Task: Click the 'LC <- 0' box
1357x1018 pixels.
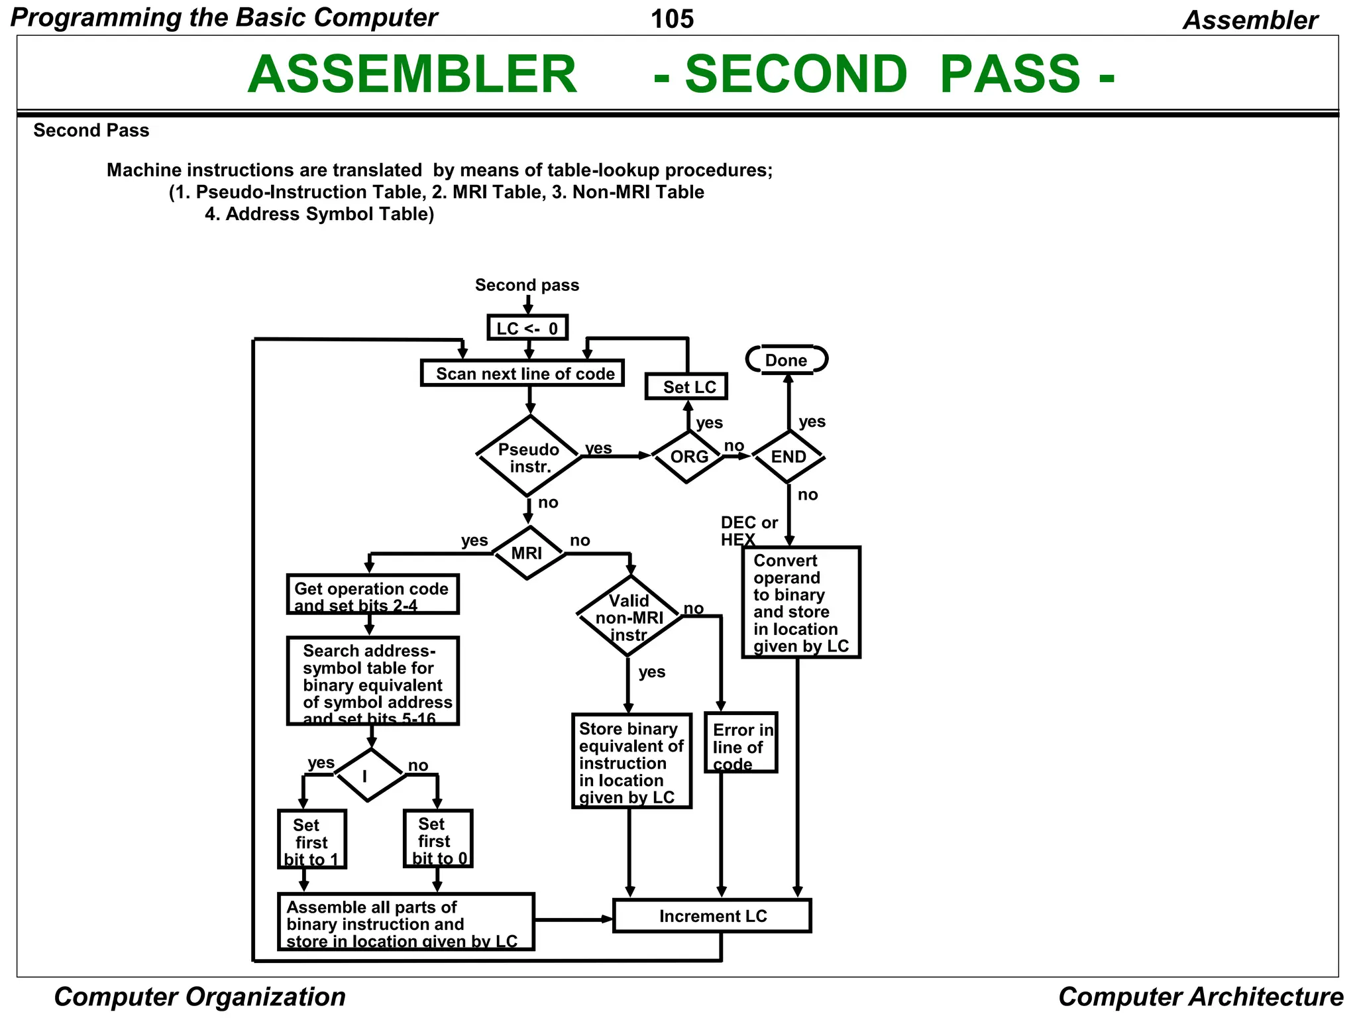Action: point(527,328)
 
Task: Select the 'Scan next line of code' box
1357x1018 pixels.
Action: point(522,373)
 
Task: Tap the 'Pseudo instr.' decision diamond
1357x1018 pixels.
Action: point(529,457)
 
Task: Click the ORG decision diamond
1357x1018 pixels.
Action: point(688,457)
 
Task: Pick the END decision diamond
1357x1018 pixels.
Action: point(788,457)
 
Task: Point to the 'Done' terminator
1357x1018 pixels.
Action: point(787,360)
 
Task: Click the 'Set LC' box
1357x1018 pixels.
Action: point(686,386)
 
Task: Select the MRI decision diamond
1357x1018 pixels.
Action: point(527,553)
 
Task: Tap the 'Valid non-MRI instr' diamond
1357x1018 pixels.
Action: point(628,617)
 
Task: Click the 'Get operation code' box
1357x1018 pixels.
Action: point(372,594)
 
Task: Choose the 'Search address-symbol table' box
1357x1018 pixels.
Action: point(372,681)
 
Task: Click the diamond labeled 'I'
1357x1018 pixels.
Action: point(370,775)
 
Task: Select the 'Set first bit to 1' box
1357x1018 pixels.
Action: point(311,839)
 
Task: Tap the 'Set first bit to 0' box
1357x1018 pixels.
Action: point(438,838)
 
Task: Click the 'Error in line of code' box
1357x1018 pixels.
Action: point(741,743)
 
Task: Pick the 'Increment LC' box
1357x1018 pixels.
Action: point(712,916)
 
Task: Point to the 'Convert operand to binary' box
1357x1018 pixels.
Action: point(801,602)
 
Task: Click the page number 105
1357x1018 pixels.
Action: point(672,19)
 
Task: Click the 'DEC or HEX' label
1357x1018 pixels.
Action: point(747,531)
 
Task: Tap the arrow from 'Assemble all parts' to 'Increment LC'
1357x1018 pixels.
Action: point(573,919)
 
